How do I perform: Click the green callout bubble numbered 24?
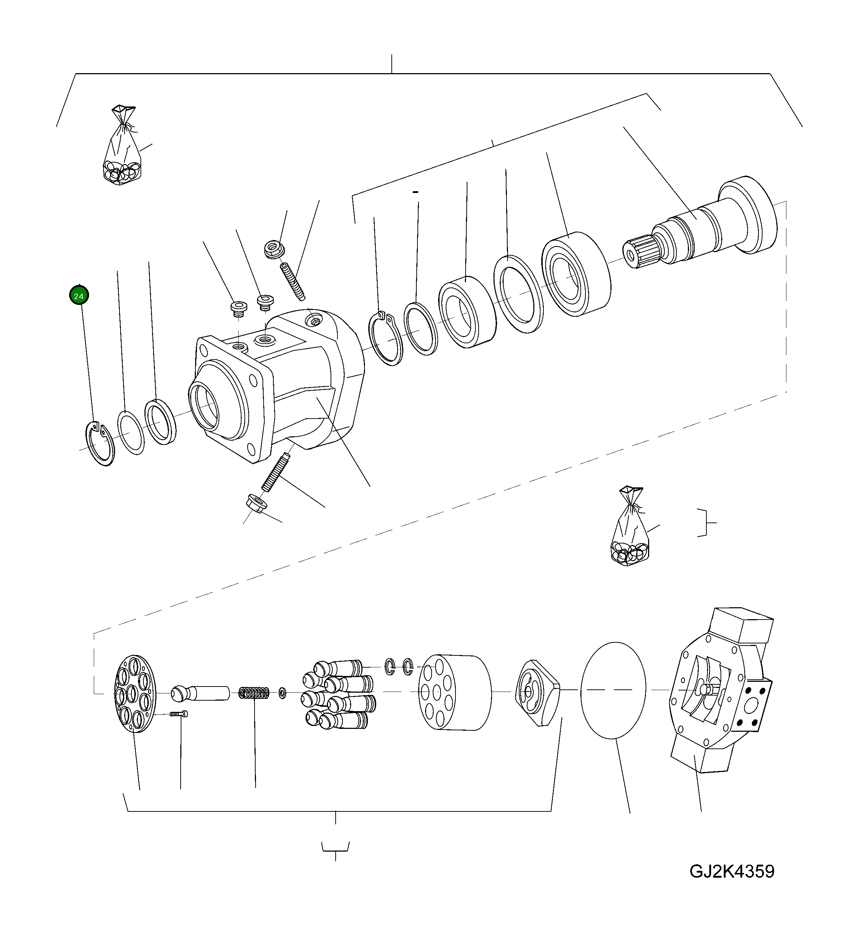(79, 296)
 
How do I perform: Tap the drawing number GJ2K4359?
(731, 871)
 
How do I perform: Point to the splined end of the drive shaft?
(640, 252)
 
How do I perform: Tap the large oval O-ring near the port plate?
(613, 690)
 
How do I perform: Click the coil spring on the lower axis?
(254, 693)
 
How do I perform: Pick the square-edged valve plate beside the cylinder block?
(537, 693)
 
